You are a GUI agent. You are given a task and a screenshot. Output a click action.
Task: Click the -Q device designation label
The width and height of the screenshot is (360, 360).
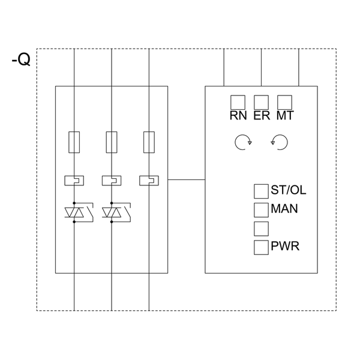click(x=20, y=61)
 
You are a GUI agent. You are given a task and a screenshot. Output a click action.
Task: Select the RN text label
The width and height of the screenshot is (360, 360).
click(x=238, y=115)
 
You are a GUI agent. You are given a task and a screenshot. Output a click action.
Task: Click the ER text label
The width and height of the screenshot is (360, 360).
click(x=262, y=115)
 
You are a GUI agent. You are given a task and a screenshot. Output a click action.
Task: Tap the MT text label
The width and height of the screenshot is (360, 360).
click(x=285, y=115)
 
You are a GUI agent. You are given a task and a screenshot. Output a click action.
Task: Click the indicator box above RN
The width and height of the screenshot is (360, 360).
click(x=238, y=102)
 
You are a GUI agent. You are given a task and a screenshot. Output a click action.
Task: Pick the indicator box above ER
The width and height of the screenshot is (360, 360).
click(x=261, y=102)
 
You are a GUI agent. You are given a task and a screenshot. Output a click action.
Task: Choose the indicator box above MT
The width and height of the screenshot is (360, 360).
click(x=284, y=102)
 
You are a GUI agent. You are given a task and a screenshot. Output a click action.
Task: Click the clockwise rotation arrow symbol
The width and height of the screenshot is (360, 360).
click(x=242, y=142)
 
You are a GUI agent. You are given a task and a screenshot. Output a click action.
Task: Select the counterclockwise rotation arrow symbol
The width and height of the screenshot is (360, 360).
click(x=280, y=142)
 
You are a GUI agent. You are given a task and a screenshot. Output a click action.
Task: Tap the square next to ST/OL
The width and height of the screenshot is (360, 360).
click(x=261, y=191)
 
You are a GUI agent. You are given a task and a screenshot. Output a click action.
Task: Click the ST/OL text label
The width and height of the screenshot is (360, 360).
click(x=289, y=191)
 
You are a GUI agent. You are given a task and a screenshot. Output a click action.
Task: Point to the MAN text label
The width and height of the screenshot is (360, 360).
click(x=284, y=209)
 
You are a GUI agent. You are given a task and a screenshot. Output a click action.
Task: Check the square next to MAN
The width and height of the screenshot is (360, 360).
click(x=261, y=209)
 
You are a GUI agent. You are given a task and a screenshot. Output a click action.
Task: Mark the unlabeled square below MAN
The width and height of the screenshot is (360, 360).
click(x=261, y=228)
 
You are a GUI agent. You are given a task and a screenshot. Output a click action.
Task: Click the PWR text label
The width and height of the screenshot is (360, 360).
click(x=286, y=247)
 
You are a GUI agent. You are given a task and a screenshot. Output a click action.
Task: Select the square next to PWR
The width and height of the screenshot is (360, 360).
click(x=261, y=247)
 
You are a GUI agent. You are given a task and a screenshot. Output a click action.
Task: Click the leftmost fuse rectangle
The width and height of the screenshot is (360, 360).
click(x=74, y=142)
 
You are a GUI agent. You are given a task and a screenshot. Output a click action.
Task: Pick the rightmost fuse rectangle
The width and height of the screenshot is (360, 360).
click(x=149, y=142)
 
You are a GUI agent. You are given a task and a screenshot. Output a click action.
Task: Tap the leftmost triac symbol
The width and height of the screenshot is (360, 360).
click(x=75, y=212)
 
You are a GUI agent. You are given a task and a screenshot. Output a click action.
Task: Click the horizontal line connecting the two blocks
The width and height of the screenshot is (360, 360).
click(x=186, y=179)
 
